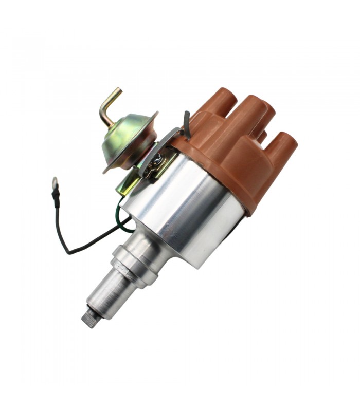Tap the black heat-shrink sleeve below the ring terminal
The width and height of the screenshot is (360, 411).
pyautogui.click(x=57, y=198)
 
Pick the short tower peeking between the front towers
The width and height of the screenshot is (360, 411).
pyautogui.click(x=262, y=136)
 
